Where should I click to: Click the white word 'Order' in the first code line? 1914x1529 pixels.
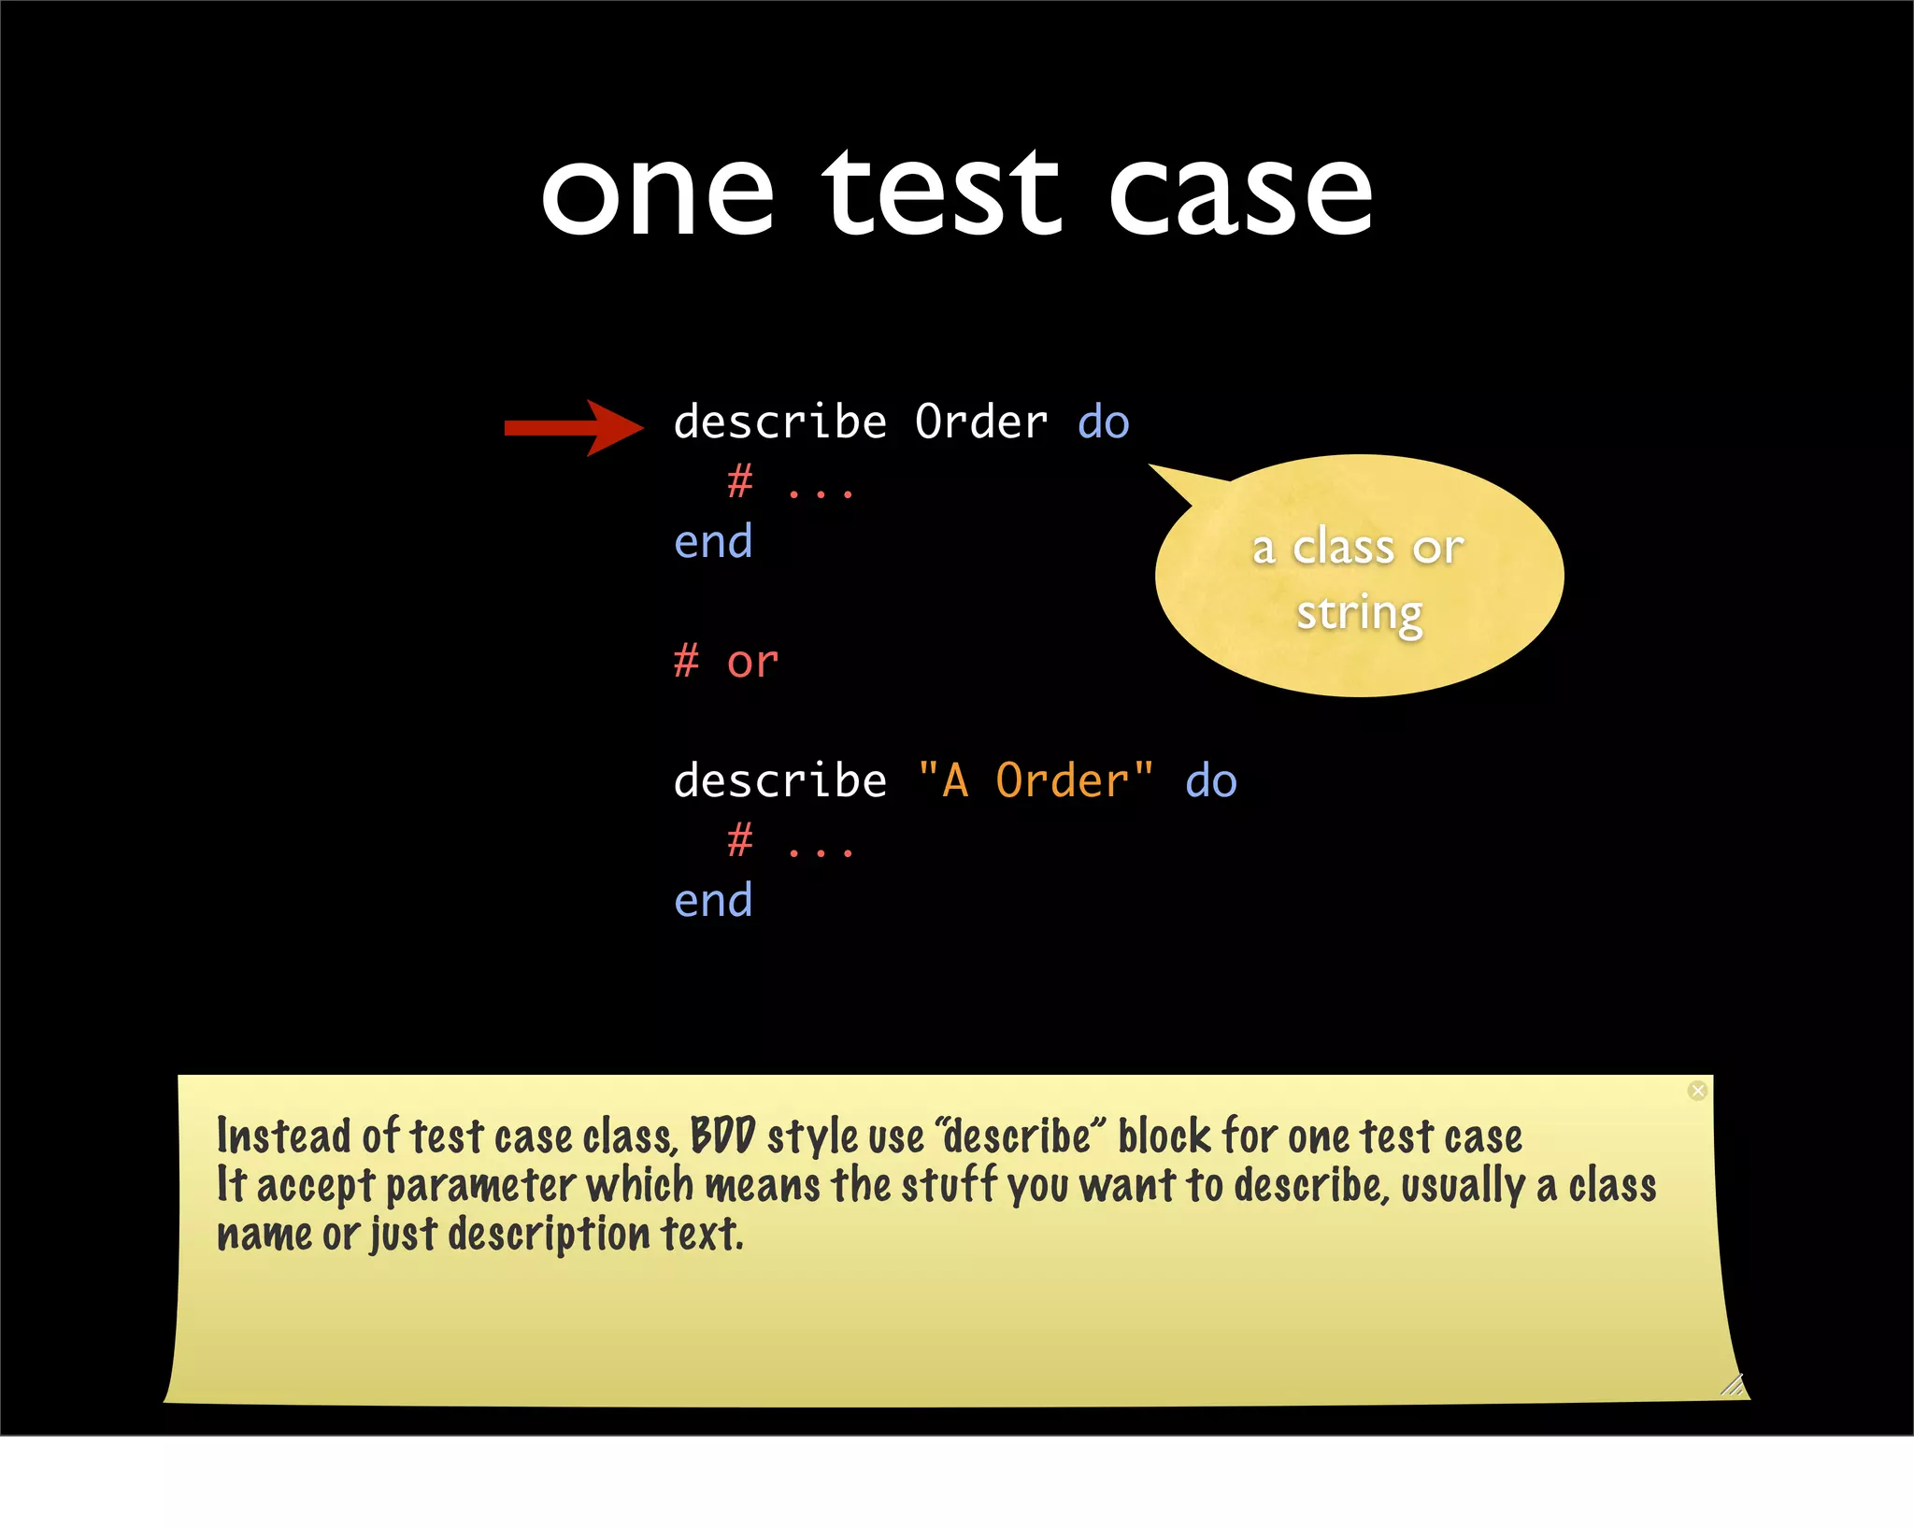click(981, 422)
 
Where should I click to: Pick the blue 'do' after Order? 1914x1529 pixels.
click(1104, 422)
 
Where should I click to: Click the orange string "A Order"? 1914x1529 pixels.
click(1036, 780)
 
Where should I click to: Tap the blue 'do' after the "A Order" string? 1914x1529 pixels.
click(1211, 780)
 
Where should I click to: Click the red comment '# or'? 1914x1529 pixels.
click(726, 662)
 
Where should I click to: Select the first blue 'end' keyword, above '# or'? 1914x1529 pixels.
click(713, 542)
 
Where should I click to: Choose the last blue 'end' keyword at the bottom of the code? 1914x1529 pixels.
click(713, 901)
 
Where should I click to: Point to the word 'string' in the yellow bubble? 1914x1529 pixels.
click(1360, 614)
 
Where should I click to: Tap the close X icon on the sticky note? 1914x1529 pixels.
click(1697, 1091)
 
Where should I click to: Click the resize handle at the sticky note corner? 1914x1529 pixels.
click(1732, 1384)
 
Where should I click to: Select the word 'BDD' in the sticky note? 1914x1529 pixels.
click(722, 1137)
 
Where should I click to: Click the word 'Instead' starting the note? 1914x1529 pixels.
click(284, 1137)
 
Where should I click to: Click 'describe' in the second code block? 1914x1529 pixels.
click(779, 780)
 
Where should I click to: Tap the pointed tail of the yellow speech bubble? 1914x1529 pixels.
click(1168, 477)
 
